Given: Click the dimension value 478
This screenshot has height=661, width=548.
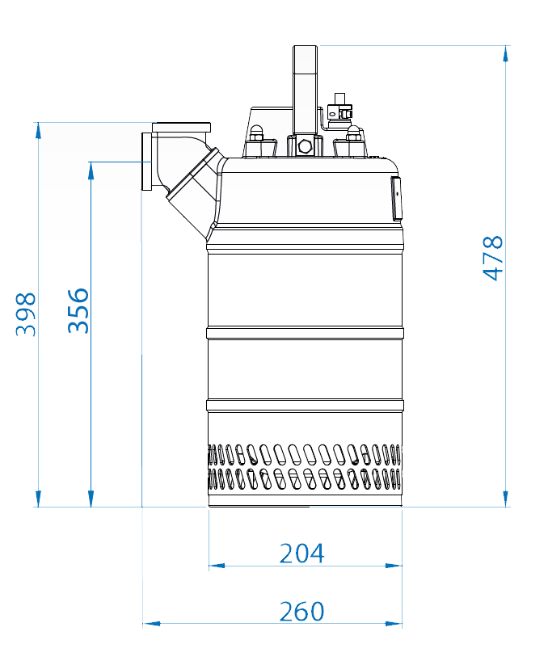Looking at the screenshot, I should pyautogui.click(x=493, y=258).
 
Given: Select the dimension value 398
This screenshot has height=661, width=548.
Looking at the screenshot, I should pyautogui.click(x=27, y=314).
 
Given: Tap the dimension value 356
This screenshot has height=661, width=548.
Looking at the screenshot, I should pyautogui.click(x=78, y=309).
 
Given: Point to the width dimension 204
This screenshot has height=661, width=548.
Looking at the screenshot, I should pyautogui.click(x=301, y=554).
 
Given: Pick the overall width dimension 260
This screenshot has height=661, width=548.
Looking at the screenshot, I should pyautogui.click(x=301, y=612).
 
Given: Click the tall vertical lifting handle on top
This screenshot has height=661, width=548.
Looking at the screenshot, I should pyautogui.click(x=305, y=89).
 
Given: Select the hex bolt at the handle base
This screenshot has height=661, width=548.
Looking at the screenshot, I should pyautogui.click(x=305, y=147).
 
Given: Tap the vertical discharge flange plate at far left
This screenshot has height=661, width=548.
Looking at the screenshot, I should pyautogui.click(x=145, y=162).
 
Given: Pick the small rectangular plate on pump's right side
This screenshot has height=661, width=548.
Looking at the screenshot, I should pyautogui.click(x=396, y=198).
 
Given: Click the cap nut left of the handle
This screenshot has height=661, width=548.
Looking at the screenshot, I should pyautogui.click(x=256, y=133).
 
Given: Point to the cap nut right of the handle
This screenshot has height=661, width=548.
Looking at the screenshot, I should pyautogui.click(x=352, y=133).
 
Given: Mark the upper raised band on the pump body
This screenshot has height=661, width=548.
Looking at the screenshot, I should pyautogui.click(x=305, y=333).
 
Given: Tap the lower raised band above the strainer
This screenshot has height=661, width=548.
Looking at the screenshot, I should pyautogui.click(x=305, y=405).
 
